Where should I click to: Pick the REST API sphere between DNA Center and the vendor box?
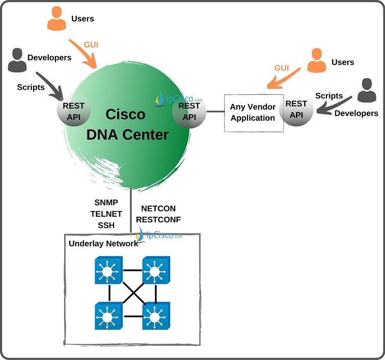189,111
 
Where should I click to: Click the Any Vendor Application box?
254,113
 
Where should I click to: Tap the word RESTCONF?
159,220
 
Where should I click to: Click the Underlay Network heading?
103,243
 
